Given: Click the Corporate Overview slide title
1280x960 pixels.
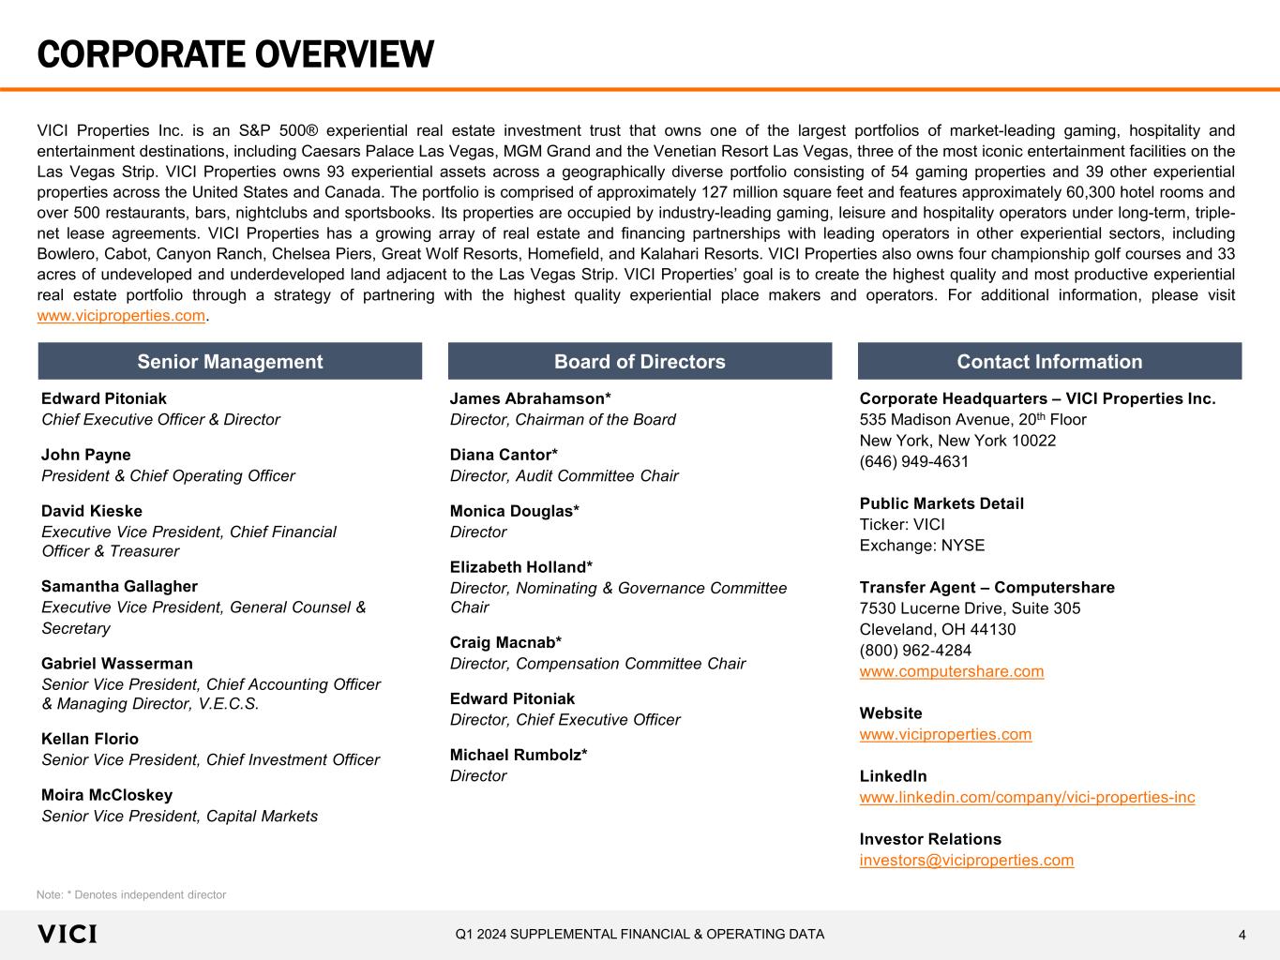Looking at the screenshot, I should [235, 54].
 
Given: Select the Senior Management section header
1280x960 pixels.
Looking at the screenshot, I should [230, 362].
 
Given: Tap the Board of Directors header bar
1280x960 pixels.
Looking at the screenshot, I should [640, 362].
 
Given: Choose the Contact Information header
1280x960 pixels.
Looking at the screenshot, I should [1049, 362].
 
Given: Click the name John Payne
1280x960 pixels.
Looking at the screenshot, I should [86, 455].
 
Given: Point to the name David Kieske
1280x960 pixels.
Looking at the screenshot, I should [92, 511].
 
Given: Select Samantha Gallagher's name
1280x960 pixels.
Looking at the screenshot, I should [119, 586].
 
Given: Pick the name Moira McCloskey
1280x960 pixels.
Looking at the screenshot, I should [107, 795].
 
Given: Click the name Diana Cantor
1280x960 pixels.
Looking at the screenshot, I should [504, 455].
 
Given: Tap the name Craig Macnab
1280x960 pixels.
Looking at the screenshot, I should [505, 642].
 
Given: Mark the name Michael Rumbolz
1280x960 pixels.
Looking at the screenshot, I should [519, 755].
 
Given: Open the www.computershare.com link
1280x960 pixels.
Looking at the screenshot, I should [952, 671].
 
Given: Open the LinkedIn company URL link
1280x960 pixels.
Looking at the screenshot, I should [1027, 797].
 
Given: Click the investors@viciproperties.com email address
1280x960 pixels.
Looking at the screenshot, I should [967, 860].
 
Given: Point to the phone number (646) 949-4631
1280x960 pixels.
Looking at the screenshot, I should [914, 461].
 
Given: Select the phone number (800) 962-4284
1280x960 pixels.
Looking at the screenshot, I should [915, 651].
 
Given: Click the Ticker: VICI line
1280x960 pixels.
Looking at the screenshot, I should [902, 524].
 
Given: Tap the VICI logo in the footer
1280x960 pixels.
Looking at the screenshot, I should [67, 934].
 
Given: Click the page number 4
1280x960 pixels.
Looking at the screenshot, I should [1242, 935].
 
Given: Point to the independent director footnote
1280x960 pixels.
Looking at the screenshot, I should [131, 894].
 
